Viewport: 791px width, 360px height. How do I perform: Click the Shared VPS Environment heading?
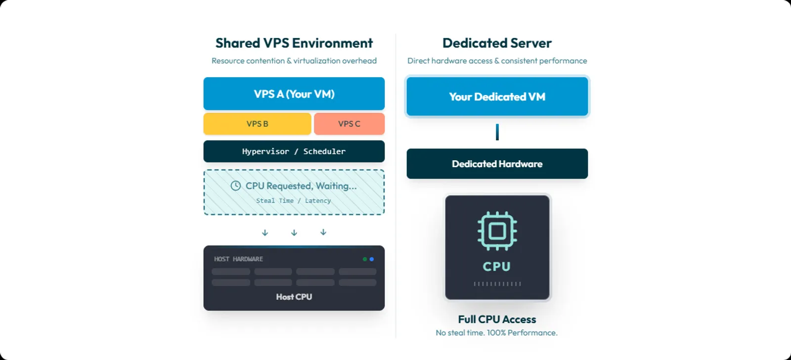pos(294,43)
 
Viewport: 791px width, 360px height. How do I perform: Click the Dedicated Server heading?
pos(497,43)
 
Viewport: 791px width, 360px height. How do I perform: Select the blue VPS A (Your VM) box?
pos(294,94)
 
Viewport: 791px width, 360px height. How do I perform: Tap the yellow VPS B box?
pos(257,124)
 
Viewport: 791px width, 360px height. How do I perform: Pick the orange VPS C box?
pos(349,124)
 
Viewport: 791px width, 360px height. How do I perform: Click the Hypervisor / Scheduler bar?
pos(294,151)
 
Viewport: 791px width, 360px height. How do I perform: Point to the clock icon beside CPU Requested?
pos(236,186)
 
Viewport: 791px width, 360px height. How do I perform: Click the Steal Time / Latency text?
pos(294,201)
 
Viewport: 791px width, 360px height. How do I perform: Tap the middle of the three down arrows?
pos(294,232)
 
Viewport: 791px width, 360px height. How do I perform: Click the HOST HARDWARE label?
pos(238,259)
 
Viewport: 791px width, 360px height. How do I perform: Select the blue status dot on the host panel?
pos(372,259)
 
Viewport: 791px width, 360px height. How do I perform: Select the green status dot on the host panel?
pos(365,259)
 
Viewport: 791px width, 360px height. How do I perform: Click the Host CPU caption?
pos(294,297)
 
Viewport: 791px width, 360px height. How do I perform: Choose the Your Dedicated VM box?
pos(497,96)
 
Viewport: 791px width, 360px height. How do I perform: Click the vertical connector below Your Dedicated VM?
pos(497,132)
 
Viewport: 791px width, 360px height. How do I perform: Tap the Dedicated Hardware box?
pos(497,164)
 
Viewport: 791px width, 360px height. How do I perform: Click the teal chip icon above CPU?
pos(497,231)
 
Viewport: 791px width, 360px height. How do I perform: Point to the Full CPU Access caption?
pos(497,319)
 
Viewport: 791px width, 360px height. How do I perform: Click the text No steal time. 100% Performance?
pos(496,333)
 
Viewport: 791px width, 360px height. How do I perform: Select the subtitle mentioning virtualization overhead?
pos(294,61)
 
